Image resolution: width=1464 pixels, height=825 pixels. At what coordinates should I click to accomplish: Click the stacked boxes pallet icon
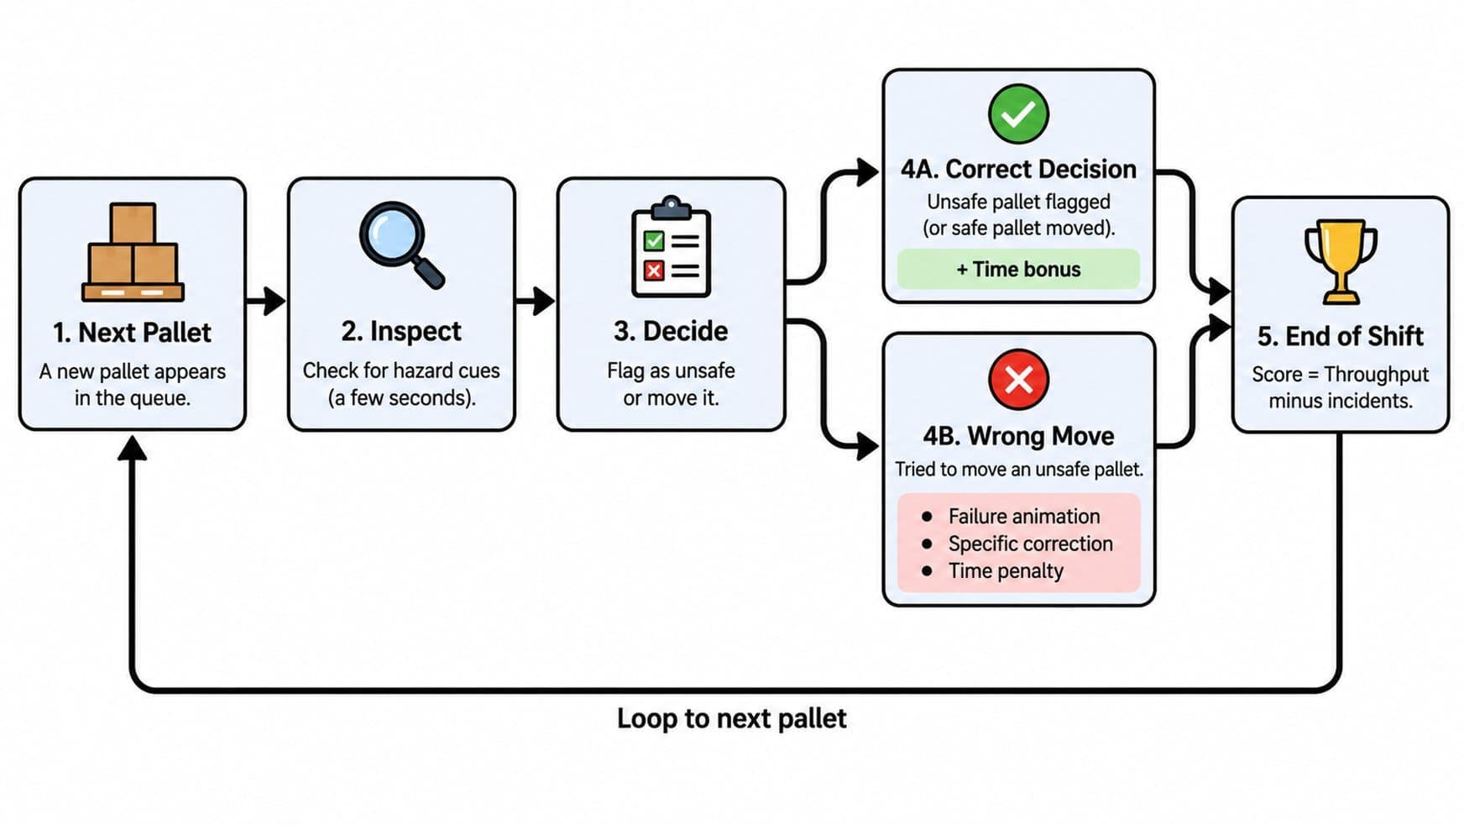click(x=133, y=252)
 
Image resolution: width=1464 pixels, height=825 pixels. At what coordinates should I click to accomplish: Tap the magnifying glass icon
click(x=402, y=244)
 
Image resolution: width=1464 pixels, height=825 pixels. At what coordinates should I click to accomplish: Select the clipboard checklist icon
click(x=671, y=247)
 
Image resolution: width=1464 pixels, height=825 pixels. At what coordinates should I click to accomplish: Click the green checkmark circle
click(x=1018, y=113)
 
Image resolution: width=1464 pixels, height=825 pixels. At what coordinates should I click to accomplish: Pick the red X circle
click(x=1018, y=379)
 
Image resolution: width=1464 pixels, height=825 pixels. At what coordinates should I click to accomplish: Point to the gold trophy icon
click(x=1341, y=261)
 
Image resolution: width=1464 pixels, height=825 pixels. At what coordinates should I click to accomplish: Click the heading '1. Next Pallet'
click(x=132, y=333)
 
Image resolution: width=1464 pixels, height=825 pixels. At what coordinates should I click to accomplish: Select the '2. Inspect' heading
click(x=401, y=332)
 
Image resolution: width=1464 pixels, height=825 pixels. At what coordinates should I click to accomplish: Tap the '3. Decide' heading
click(x=671, y=331)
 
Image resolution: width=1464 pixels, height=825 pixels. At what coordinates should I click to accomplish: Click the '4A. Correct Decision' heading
click(x=1018, y=169)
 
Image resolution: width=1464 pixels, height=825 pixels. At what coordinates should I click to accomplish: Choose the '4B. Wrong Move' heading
click(x=1018, y=436)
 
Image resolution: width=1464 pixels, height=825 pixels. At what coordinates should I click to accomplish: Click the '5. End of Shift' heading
click(x=1341, y=336)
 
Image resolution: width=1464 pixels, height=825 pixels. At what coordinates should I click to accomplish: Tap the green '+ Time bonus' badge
click(x=1018, y=270)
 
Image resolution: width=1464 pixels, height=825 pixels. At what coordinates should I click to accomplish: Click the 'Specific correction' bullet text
click(x=1031, y=544)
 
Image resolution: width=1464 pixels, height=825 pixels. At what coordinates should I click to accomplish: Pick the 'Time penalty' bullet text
click(x=1006, y=571)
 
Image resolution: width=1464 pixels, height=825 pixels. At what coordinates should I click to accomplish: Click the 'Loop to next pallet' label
click(x=732, y=719)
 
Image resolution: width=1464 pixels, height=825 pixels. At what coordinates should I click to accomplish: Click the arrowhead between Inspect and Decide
click(x=543, y=300)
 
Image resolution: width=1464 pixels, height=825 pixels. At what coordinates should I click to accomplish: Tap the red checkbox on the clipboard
click(x=653, y=271)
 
